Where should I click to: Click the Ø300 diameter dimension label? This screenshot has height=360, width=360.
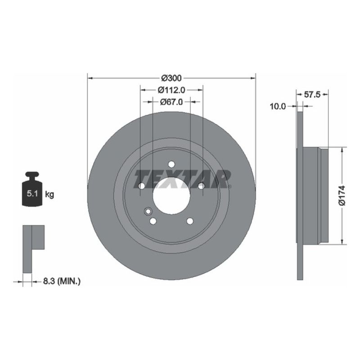point(171,78)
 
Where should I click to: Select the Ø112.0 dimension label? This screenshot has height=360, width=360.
point(171,90)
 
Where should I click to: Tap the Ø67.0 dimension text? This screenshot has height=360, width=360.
point(171,102)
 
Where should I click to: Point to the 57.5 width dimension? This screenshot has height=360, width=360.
point(312,95)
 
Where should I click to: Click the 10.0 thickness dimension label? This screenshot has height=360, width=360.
point(278,107)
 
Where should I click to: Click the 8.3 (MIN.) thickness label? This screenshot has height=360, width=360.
point(61,281)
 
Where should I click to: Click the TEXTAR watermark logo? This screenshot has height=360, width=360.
point(182,179)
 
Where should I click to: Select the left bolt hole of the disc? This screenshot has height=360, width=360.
point(141,186)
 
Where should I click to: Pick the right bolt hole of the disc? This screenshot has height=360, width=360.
point(201,186)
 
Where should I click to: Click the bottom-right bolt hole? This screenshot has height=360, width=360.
point(189,221)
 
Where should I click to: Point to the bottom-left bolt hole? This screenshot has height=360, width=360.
point(153,221)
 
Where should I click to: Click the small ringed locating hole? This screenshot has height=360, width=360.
point(148,211)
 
